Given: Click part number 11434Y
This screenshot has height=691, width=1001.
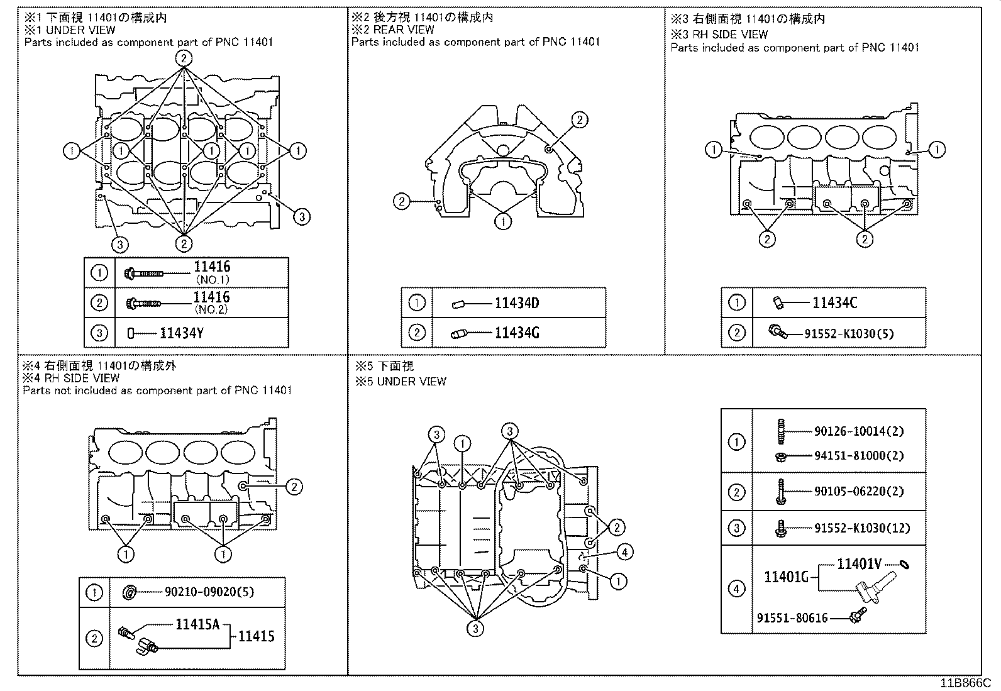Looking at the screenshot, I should [x=181, y=333].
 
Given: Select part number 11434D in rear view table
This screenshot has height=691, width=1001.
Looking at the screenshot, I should [x=516, y=304].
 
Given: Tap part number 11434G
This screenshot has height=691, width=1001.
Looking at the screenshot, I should [x=516, y=333].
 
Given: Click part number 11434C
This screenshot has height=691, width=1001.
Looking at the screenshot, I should [x=834, y=303].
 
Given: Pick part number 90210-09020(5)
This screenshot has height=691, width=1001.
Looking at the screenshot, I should [x=209, y=592].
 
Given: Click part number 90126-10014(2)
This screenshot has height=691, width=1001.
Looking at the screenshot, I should [x=859, y=431].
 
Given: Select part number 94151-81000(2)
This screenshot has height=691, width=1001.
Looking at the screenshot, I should [x=859, y=455].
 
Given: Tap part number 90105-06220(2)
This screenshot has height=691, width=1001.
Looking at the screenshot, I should [x=859, y=492].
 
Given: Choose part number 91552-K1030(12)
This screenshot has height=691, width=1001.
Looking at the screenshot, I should [x=862, y=528].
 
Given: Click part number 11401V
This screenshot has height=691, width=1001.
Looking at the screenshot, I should [x=859, y=564].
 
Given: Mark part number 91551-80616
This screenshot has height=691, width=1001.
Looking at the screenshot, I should [x=792, y=618].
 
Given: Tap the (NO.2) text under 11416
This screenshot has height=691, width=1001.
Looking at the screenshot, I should [x=211, y=309].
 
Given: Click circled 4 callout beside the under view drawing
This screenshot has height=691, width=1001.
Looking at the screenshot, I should [x=624, y=552].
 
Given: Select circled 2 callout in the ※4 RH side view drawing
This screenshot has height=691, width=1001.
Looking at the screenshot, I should [x=294, y=486].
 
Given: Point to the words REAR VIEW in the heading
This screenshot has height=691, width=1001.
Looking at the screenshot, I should [x=404, y=30].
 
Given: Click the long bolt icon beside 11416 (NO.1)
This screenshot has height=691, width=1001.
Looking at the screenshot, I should [x=145, y=274].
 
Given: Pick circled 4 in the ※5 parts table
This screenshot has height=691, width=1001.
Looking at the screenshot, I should [x=736, y=589].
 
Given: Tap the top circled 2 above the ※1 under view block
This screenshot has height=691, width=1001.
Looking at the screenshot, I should [x=183, y=58].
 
